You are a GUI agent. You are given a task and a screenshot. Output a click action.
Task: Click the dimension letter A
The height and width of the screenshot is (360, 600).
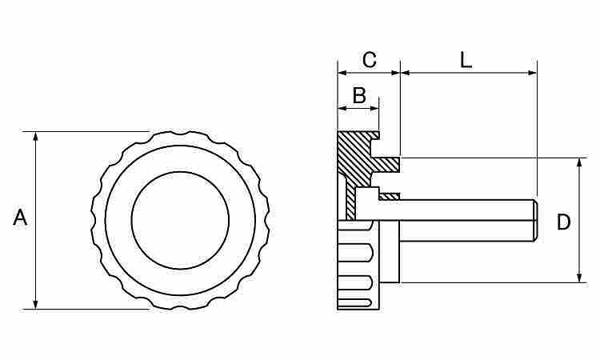(x=20, y=218)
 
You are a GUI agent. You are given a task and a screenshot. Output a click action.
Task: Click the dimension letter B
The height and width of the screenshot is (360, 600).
(x=359, y=95)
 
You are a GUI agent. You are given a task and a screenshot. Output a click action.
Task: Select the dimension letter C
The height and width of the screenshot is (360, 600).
(x=370, y=60)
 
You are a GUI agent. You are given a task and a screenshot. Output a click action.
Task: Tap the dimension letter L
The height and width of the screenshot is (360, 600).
(x=466, y=60)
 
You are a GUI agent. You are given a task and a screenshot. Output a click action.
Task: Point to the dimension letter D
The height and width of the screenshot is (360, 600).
(x=563, y=222)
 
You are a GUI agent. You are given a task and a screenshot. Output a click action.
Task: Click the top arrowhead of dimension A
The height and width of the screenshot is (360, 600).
(x=35, y=137)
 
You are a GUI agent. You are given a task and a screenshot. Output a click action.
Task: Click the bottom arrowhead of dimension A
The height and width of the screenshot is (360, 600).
(x=35, y=304)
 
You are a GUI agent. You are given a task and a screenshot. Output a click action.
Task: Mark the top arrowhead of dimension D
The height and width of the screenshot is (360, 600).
(x=580, y=162)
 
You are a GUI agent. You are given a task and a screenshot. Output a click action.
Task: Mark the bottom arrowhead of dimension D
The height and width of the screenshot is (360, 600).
(x=580, y=278)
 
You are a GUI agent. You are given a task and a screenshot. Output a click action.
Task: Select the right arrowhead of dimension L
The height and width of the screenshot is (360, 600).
(x=532, y=73)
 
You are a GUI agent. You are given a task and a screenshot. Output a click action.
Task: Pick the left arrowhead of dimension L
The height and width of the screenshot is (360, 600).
(x=406, y=73)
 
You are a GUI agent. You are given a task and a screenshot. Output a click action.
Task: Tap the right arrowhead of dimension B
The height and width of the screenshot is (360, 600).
(x=374, y=109)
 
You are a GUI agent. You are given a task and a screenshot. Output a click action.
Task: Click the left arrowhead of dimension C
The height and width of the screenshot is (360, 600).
(x=342, y=73)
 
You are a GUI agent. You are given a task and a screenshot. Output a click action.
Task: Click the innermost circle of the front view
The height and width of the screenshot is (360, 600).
(x=180, y=220)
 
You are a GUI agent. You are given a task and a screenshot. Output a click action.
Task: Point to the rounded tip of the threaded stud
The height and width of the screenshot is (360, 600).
(x=536, y=220)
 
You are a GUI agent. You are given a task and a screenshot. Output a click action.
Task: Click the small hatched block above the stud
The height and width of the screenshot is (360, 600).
(x=390, y=197)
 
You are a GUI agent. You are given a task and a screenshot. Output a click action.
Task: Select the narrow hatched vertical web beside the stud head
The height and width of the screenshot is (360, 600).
(x=350, y=201)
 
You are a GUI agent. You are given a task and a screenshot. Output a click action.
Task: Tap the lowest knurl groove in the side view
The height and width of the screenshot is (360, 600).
(x=356, y=303)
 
